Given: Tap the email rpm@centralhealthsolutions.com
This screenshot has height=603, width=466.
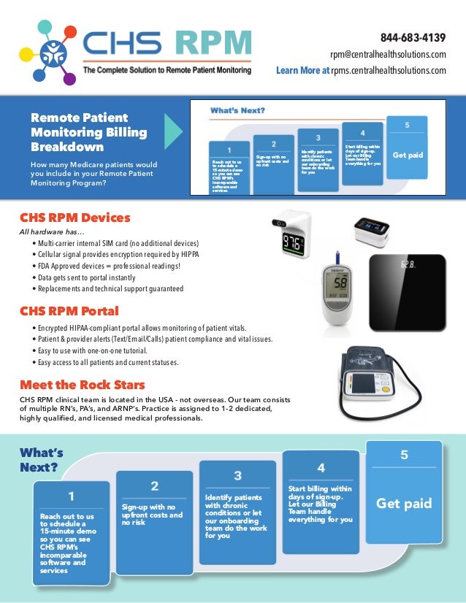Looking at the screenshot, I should click(388, 55).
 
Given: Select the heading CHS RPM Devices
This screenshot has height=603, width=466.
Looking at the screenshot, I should click(75, 218).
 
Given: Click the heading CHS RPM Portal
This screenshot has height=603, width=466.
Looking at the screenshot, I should click(70, 311).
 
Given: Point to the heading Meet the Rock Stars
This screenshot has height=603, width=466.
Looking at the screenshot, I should click(82, 385).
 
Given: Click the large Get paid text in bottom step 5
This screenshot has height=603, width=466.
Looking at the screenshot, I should click(403, 504).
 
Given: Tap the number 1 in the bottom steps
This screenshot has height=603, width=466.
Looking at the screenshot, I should click(71, 497).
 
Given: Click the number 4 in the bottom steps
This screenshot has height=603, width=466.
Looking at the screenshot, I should click(321, 467).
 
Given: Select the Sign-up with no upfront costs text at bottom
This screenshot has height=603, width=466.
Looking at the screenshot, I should click(152, 515).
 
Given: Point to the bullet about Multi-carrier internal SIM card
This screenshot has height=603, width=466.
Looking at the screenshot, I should click(115, 243).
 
